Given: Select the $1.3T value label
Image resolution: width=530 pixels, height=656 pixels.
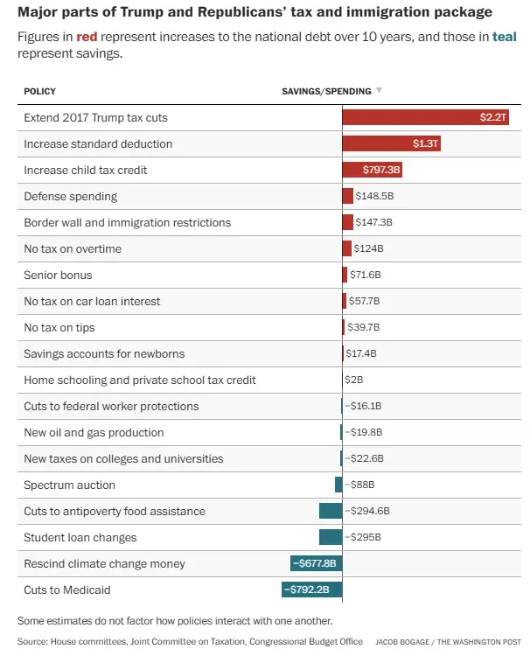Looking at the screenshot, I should tap(426, 143).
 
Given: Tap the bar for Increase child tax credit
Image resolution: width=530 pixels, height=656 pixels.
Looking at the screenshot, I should tap(372, 170).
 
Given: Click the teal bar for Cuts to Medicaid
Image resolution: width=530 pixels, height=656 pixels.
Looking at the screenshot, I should tap(311, 590).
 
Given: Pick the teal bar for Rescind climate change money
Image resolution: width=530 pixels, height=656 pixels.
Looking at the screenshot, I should tap(316, 563).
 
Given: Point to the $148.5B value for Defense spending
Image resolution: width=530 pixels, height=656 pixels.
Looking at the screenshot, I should tap(374, 196).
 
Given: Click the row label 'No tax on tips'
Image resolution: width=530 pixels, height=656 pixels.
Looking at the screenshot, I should tap(59, 327).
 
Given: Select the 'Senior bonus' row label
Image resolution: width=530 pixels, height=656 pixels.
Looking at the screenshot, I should tap(58, 275).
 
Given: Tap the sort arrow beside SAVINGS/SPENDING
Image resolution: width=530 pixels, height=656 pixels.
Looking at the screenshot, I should tap(379, 91).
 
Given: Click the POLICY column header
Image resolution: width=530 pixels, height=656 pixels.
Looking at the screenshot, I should tap(39, 91).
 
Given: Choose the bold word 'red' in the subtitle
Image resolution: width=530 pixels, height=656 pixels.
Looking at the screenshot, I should tap(87, 38).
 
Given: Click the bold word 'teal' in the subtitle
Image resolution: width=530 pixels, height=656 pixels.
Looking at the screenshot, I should tap(505, 38).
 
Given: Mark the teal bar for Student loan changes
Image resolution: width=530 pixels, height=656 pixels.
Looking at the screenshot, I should tap(331, 537).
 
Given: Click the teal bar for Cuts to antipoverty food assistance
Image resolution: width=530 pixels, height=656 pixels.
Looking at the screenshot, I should tap(331, 511).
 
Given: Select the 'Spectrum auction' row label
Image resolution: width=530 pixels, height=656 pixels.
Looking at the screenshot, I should tap(69, 485).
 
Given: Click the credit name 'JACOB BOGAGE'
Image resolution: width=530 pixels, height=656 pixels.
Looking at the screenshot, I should tap(404, 642).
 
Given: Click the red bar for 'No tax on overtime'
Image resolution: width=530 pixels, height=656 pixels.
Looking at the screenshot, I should tap(346, 248).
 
